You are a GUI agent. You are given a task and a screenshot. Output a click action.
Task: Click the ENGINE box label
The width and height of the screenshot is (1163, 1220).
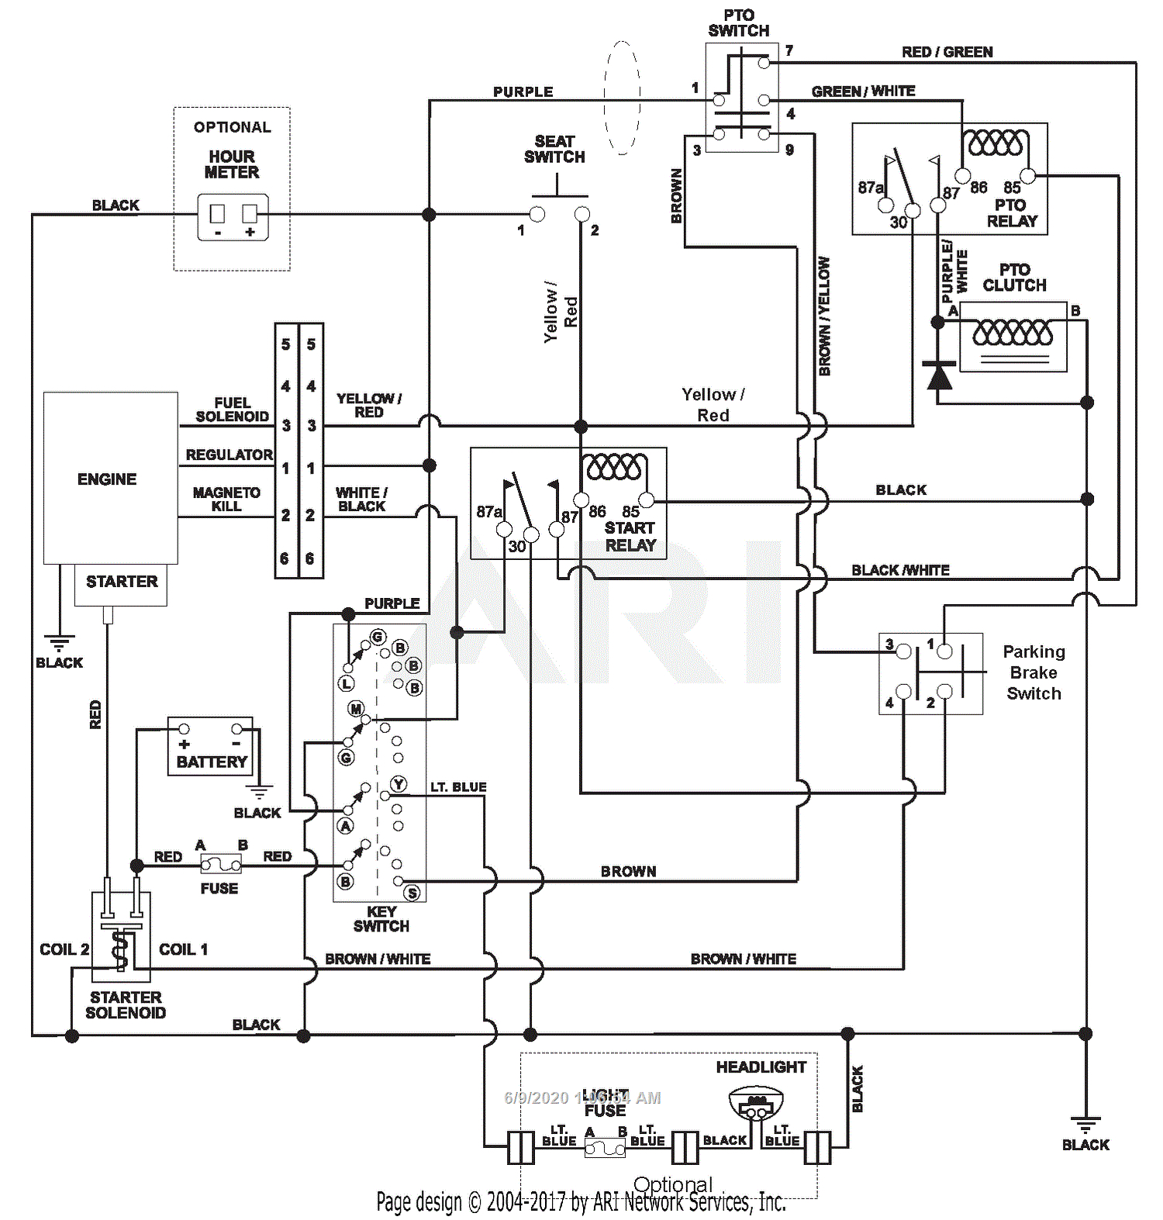click(107, 479)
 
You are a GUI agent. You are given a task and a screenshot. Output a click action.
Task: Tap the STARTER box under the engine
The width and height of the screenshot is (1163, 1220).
click(121, 582)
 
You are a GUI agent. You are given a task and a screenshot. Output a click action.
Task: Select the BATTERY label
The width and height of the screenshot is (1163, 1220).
click(211, 762)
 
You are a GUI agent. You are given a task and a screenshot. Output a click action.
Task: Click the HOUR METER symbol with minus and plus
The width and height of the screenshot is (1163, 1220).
click(233, 217)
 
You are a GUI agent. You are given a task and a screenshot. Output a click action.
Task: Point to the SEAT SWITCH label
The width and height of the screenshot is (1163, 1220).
click(554, 149)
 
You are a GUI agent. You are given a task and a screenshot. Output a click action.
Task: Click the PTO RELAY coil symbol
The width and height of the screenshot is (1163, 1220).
click(996, 143)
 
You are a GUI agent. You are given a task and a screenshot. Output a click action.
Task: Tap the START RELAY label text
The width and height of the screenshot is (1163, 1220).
click(630, 537)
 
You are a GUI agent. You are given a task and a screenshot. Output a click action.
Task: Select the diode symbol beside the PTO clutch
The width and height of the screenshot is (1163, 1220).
click(939, 377)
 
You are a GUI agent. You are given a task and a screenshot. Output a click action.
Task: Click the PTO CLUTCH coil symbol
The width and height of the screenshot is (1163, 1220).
click(1013, 334)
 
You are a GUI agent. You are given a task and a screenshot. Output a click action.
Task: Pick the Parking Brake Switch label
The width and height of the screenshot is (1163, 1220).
click(1034, 672)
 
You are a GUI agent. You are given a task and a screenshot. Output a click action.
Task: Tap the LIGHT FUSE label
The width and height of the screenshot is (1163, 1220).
click(605, 1103)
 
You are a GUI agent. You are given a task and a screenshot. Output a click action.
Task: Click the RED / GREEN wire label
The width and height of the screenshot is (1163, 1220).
click(947, 52)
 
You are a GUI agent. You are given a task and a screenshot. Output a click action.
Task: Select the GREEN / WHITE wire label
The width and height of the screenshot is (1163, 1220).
click(863, 92)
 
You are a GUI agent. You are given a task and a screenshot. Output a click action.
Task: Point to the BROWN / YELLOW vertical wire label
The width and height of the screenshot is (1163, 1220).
click(824, 316)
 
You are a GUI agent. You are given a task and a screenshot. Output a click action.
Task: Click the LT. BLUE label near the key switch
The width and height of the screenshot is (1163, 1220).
click(458, 787)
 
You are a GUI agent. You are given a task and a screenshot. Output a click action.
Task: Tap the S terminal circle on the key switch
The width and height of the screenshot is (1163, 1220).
click(412, 893)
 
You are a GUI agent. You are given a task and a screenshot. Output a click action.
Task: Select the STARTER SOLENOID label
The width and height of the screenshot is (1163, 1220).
click(126, 1005)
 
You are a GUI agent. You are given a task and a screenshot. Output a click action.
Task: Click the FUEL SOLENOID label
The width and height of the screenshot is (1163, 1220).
click(232, 410)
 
